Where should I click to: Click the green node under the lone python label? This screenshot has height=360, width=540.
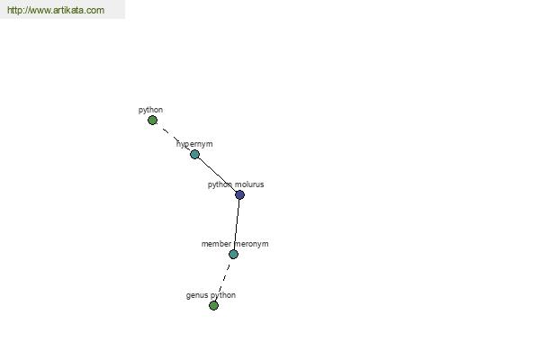pos(153,121)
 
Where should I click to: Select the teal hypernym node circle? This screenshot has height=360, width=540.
pos(195,154)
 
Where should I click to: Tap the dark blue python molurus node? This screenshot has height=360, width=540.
pos(239,195)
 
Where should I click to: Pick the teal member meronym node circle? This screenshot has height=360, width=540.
pos(233,254)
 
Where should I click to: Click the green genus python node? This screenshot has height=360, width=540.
pos(213,306)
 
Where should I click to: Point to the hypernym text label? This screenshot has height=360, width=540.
pos(194,144)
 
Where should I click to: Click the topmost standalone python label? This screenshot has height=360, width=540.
pos(150,110)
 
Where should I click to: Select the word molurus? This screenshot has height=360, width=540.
pos(249,184)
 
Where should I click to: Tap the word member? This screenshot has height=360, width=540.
pos(216,244)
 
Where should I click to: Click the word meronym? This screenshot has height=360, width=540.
pos(251,244)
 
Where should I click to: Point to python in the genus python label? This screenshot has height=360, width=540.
pos(223,295)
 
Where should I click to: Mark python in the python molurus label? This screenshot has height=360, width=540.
pos(220,185)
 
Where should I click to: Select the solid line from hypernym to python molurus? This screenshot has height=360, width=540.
pos(217,175)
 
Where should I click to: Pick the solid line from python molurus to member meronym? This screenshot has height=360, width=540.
pos(237,225)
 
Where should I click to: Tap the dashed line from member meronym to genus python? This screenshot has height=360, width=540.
pos(223,280)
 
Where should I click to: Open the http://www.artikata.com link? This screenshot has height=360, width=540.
pos(56,10)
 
